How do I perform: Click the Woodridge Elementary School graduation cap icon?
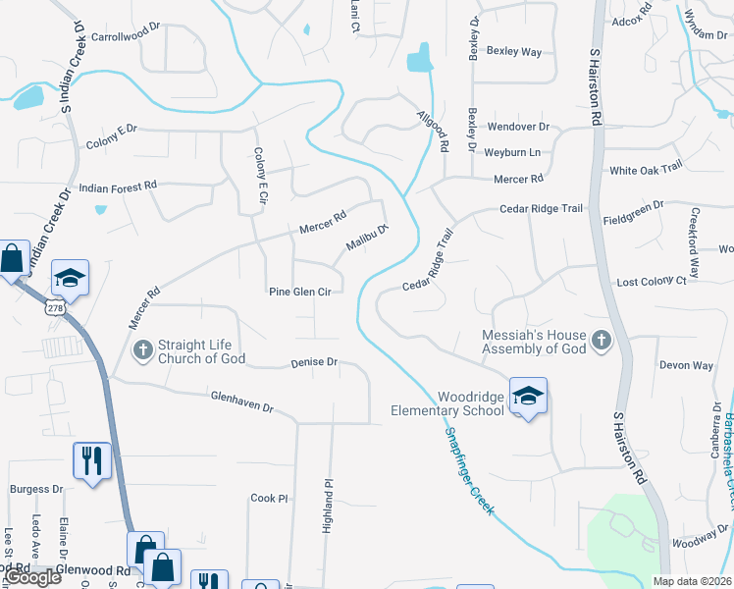pyautogui.click(x=528, y=396)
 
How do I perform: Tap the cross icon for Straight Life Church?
pyautogui.click(x=143, y=349)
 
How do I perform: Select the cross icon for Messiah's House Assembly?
pyautogui.click(x=601, y=342)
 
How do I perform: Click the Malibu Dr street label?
pyautogui.click(x=367, y=239)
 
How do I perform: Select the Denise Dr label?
pyautogui.click(x=314, y=363)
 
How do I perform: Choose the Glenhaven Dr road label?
pyautogui.click(x=241, y=401)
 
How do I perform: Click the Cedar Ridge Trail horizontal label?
pyautogui.click(x=541, y=209)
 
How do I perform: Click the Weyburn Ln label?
pyautogui.click(x=513, y=153)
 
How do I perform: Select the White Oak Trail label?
pyautogui.click(x=645, y=170)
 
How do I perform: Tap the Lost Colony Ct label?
pyautogui.click(x=651, y=282)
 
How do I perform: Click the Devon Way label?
pyautogui.click(x=686, y=365)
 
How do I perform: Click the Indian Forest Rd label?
pyautogui.click(x=118, y=186)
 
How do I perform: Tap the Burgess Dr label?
pyautogui.click(x=36, y=489)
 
